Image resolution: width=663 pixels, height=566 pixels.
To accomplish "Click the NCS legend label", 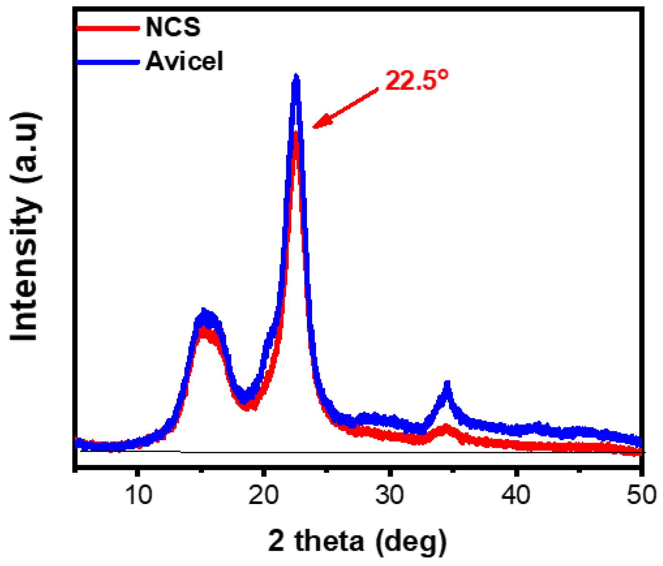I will pos(173,27).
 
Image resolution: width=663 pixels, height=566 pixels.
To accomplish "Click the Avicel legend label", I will pos(184,61).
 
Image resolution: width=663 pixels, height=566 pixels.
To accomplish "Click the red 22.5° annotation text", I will pos(416,80).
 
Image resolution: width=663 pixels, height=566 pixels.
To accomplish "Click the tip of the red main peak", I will pos(296,135).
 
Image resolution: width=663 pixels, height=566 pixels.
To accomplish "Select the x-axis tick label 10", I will pos(138,494).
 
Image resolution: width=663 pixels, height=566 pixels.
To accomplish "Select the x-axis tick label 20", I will pos(264,494).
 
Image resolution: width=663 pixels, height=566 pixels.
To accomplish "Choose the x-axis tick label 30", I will pos(389,494).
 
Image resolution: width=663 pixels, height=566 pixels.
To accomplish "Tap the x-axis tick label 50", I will pos(641,494).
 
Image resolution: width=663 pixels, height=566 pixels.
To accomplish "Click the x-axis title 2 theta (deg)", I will pos(357,541).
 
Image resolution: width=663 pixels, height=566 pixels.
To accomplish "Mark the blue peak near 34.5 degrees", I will pos(447,384).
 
